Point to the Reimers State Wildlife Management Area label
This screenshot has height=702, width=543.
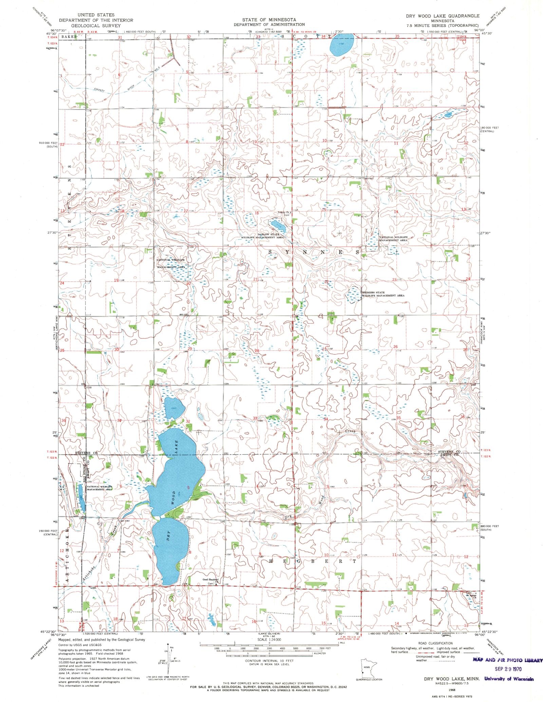coord(383,294)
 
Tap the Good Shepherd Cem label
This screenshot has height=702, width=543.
coord(210,580)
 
